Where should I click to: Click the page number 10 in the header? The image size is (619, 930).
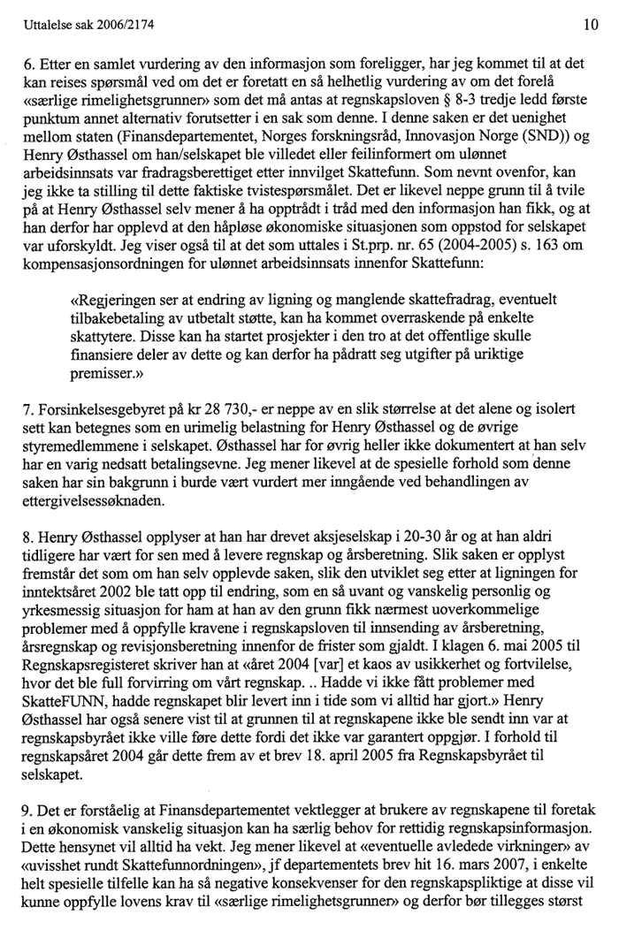click(x=591, y=26)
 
